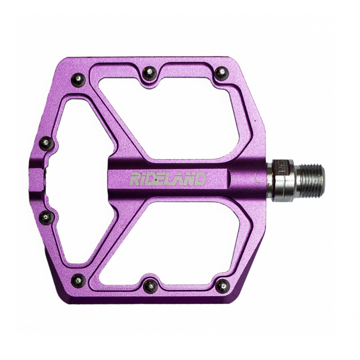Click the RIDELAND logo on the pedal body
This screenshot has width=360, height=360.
click(168, 179)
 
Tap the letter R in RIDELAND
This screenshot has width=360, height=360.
click(135, 179)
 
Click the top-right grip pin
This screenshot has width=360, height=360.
click(221, 72)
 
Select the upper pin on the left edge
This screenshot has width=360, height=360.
click(46, 143)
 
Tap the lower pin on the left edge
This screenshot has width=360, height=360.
click(46, 217)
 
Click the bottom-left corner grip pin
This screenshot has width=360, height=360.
click(78, 280)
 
